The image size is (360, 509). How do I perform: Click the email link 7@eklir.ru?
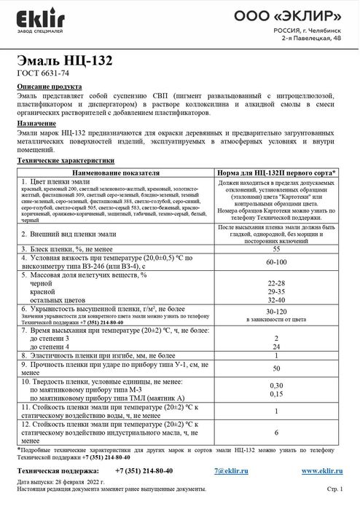244,471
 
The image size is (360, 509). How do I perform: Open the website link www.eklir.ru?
321,471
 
